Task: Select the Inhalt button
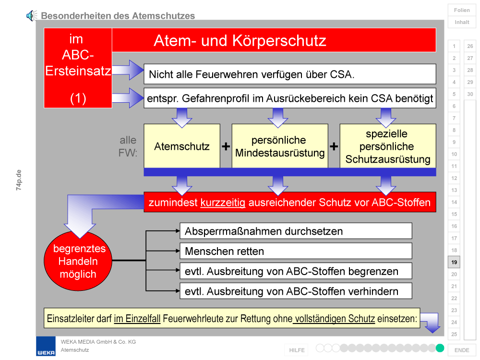(462, 22)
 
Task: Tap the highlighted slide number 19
(454, 262)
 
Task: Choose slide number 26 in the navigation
(470, 46)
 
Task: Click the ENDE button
(462, 350)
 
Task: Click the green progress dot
(440, 348)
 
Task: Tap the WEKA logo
(46, 346)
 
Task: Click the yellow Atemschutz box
(182, 146)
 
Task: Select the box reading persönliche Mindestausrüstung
(280, 146)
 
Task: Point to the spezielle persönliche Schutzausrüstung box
(388, 146)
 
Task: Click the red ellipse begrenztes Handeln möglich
(78, 261)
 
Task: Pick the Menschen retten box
(296, 251)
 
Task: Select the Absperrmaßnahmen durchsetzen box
(296, 231)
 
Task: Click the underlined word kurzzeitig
(223, 203)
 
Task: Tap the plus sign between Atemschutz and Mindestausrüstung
(226, 146)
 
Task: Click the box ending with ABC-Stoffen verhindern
(296, 291)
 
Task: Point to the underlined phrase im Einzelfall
(137, 319)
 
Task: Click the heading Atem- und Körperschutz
(240, 40)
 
